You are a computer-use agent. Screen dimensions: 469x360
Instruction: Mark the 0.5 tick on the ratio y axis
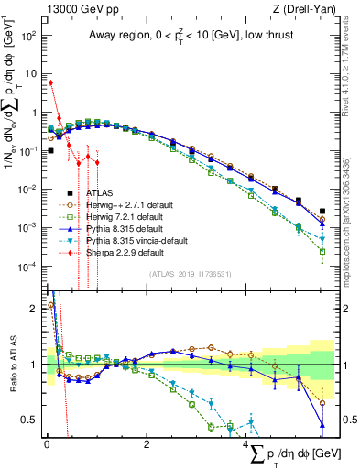[x=31, y=420]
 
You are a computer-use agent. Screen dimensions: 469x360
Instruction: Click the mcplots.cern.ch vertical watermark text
[x=348, y=229]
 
